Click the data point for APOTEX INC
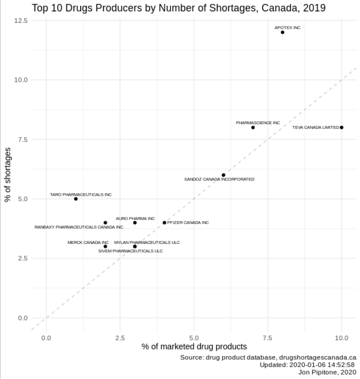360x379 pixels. (282, 32)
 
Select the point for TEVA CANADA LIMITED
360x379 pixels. (341, 127)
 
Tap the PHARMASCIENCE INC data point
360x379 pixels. (253, 127)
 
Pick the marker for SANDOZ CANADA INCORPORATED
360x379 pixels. (223, 175)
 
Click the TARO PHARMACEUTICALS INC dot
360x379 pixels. (76, 199)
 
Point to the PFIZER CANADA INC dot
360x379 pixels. (164, 223)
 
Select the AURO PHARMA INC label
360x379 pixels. (135, 218)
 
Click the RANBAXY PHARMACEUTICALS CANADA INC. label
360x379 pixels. (79, 227)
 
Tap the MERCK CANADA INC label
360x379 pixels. (88, 242)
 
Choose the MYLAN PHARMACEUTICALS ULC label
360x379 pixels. (147, 242)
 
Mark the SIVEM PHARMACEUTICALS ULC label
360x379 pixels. (130, 251)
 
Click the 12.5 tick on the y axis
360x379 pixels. (21, 20)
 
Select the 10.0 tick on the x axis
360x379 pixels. (341, 338)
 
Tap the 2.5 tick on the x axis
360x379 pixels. (120, 338)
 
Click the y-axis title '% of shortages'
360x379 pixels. (8, 174)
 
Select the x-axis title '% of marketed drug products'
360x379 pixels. (194, 347)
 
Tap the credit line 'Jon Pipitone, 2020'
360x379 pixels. (327, 372)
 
